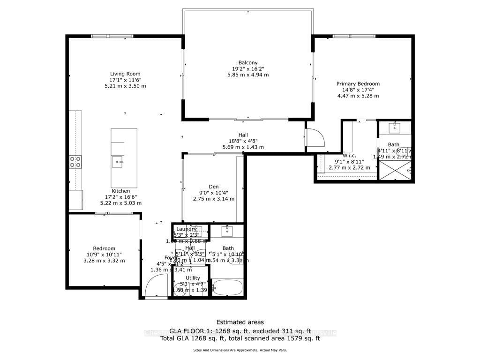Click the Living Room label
click(125, 74)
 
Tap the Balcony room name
click(248, 63)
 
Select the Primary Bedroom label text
click(358, 84)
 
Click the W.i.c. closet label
click(350, 156)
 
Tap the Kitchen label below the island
click(120, 191)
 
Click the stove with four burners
click(75, 162)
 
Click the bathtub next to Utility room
click(227, 287)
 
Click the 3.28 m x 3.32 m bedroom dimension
click(104, 261)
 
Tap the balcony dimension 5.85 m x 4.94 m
click(248, 75)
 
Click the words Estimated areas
click(240, 322)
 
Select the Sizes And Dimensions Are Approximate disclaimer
click(240, 350)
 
